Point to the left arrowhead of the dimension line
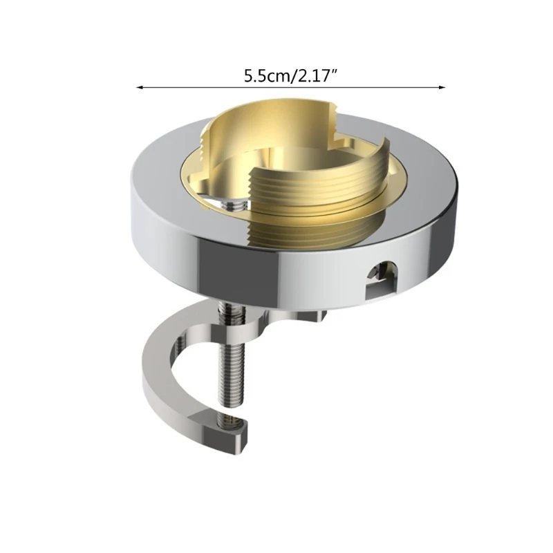139,88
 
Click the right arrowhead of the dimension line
442,88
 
